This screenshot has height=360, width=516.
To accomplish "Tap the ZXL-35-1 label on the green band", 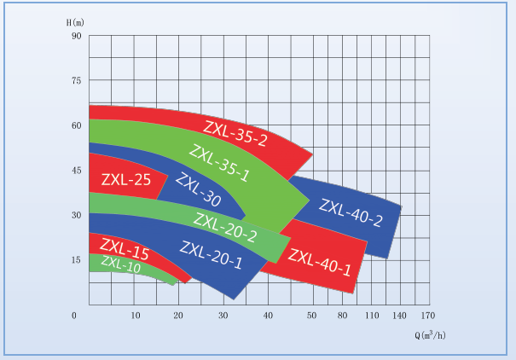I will (219, 163).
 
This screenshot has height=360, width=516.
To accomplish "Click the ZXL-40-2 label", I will (351, 212).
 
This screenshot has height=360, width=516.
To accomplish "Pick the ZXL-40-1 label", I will (320, 262).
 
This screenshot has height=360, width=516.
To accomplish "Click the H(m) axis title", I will (77, 20).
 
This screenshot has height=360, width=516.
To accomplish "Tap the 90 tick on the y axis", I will (75, 36).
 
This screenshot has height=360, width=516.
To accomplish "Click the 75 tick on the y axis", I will (75, 80).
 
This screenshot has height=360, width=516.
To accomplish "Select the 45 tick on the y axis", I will (75, 170).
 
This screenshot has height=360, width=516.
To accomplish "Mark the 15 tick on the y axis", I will (75, 259).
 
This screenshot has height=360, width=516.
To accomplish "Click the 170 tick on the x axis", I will (415, 316).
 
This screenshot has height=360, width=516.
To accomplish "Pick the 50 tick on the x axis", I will (312, 316).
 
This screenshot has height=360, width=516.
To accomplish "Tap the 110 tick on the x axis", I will (371, 316).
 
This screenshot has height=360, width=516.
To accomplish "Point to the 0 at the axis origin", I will (75, 316).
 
